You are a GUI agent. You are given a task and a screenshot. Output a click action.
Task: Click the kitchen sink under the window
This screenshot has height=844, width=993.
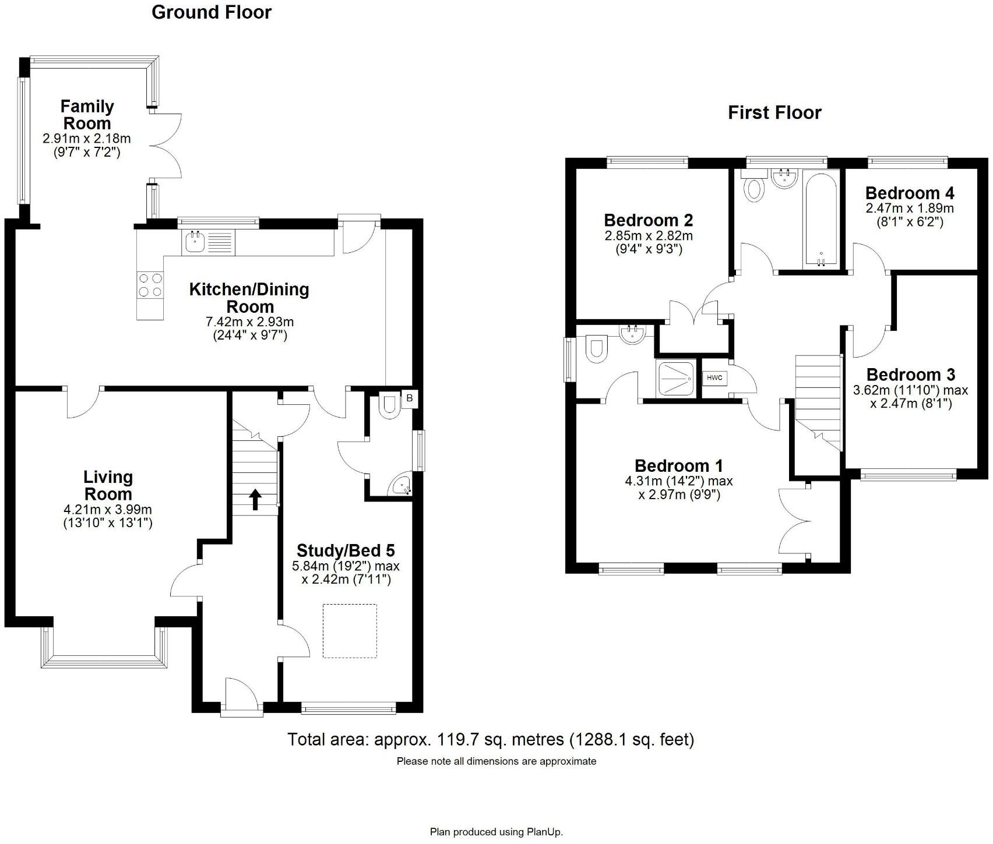pyautogui.click(x=194, y=242)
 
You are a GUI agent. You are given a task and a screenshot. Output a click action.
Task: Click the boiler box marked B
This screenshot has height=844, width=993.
pyautogui.click(x=410, y=398)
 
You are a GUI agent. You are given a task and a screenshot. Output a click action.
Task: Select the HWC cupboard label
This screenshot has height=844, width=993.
pyautogui.click(x=714, y=378)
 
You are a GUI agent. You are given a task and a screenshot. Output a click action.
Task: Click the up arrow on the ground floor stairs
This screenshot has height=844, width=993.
pyautogui.click(x=255, y=499)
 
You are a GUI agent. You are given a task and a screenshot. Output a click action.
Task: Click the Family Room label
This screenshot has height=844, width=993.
pyautogui.click(x=87, y=115)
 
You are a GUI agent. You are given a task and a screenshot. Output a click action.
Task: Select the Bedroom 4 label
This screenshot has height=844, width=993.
pyautogui.click(x=910, y=193)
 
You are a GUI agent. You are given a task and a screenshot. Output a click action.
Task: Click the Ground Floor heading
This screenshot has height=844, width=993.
pyautogui.click(x=211, y=12)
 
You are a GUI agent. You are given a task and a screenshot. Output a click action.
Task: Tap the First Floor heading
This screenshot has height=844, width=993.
pyautogui.click(x=774, y=112)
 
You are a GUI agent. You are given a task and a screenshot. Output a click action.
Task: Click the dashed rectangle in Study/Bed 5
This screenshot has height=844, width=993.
pyautogui.click(x=350, y=631)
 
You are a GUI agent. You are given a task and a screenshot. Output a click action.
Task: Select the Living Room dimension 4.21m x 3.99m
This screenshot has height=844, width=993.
pyautogui.click(x=108, y=510)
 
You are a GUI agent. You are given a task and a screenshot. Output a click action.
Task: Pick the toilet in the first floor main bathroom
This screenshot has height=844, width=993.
pyautogui.click(x=755, y=189)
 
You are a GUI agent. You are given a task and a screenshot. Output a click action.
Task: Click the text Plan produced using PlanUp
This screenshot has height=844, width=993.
pyautogui.click(x=496, y=832)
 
